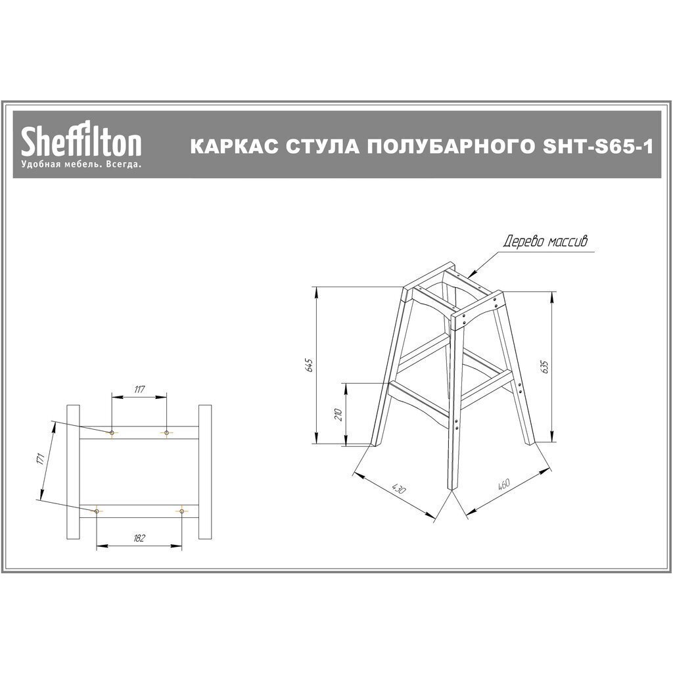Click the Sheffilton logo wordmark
tap(81, 140)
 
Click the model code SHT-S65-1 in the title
tap(598, 147)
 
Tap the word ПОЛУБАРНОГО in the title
tap(448, 147)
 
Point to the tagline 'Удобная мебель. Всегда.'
tap(81, 165)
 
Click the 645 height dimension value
tap(311, 365)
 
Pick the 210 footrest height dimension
tap(338, 414)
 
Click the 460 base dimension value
tap(503, 484)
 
